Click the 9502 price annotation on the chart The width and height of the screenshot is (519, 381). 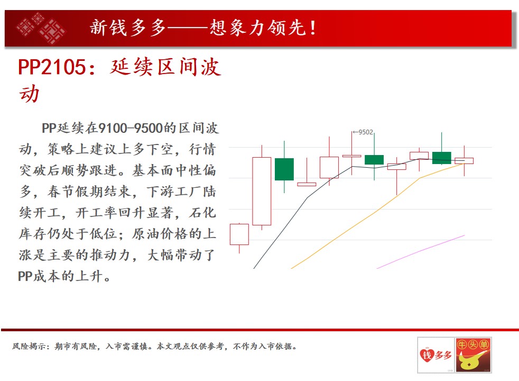coord(365,132)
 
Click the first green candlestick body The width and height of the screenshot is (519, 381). coord(284,169)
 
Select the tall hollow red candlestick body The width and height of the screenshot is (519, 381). coord(262,191)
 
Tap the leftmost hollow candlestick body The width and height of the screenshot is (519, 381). coord(239,234)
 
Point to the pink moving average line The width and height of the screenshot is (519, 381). coord(421,252)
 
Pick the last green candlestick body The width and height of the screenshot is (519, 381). coord(441,158)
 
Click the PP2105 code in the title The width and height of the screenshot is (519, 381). coord(52,67)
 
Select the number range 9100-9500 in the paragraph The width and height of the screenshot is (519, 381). coord(131,128)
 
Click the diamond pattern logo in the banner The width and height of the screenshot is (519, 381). coord(41,28)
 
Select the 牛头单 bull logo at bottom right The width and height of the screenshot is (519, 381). coord(474,355)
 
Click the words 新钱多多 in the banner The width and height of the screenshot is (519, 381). coord(128,28)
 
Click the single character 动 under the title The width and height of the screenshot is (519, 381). coord(29,94)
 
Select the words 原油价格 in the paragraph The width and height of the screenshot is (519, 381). coord(160,234)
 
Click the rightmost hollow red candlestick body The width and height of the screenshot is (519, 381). coord(464,161)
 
